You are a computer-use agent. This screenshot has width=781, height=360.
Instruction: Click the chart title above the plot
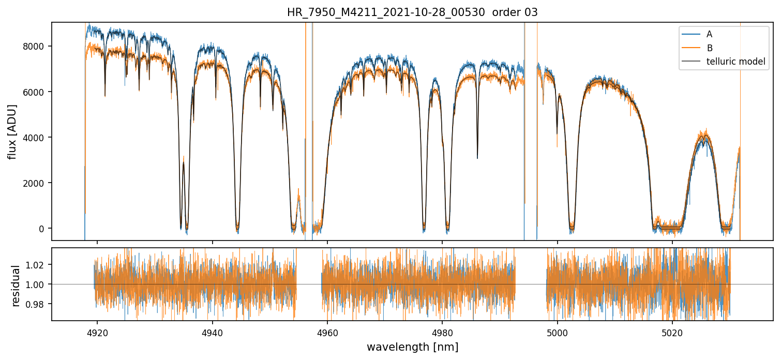(412, 12)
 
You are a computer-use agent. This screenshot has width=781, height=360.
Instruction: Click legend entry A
(709, 34)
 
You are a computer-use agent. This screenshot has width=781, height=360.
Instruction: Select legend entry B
(709, 48)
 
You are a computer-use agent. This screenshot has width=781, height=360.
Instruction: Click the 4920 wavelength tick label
(97, 332)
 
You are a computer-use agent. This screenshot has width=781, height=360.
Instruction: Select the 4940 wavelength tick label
(212, 332)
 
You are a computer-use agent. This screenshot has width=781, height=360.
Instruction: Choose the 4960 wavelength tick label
(327, 332)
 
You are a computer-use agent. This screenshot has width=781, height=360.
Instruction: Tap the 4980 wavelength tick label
(442, 332)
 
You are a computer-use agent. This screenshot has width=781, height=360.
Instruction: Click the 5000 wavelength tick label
(558, 332)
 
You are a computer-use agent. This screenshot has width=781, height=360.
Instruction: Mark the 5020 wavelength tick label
(672, 332)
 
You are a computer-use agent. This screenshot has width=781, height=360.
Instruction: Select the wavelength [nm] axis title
(412, 347)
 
